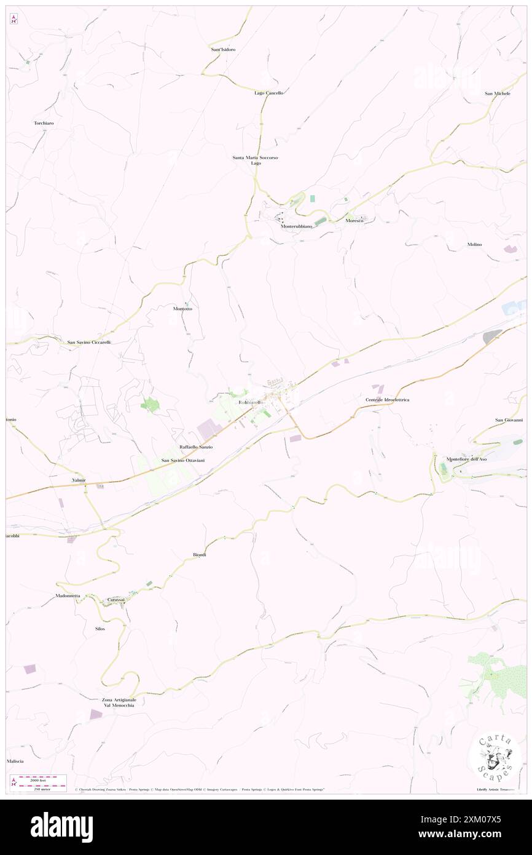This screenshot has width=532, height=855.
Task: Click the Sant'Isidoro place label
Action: (223, 49)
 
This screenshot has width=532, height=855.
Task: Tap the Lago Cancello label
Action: (269, 93)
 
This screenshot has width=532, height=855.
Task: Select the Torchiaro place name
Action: (44, 123)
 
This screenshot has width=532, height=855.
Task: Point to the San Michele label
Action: (498, 93)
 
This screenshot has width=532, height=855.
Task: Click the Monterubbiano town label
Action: (297, 226)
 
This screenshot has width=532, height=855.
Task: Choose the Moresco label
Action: (354, 220)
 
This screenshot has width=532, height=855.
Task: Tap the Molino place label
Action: (474, 244)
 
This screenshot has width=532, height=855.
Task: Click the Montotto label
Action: (182, 308)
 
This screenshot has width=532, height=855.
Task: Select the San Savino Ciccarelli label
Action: (89, 342)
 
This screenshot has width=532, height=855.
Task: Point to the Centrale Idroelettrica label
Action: (387, 400)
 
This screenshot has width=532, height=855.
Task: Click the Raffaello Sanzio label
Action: (196, 447)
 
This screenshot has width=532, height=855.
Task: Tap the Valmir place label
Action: (79, 480)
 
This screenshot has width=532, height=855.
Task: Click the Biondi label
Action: (200, 555)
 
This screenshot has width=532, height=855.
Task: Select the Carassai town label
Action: (116, 600)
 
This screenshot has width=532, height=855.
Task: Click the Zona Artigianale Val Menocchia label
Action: (119, 702)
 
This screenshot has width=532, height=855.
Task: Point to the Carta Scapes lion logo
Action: (495, 758)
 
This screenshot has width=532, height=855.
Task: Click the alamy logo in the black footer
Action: (61, 827)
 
